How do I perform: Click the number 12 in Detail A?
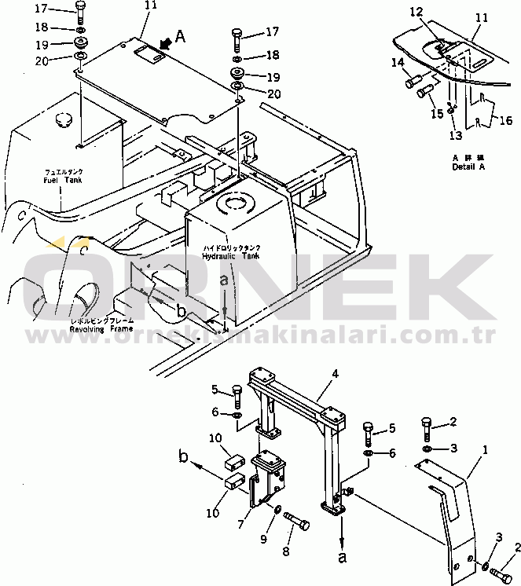[416, 12]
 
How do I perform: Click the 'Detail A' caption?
[469, 167]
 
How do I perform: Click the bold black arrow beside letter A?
[163, 44]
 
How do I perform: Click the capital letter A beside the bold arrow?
[180, 35]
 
